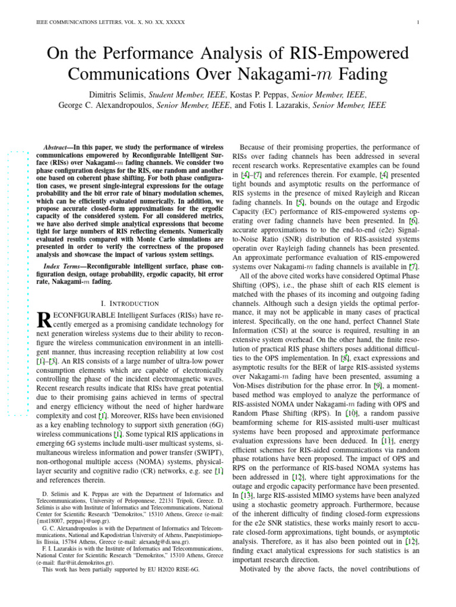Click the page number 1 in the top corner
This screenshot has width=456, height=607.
(419, 23)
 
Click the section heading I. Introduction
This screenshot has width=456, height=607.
(130, 303)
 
